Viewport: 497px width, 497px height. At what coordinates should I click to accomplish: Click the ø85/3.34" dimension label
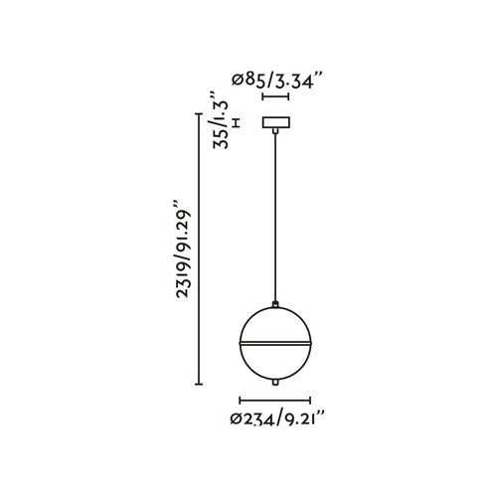coord(277,81)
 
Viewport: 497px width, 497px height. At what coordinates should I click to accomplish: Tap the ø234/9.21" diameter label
coord(276,418)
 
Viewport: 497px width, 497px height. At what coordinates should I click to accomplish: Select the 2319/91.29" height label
coord(184,248)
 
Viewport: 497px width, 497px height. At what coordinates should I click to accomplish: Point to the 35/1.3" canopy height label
coord(221,119)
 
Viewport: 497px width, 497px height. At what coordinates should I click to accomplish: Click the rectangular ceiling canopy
coord(276,122)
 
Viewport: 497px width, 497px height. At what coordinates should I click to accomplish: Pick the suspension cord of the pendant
coord(275,217)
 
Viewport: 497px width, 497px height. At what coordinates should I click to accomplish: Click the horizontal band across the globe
coord(275,343)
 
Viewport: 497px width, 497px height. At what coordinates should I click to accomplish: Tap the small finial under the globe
coord(275,383)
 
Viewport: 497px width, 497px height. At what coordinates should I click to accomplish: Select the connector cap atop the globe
coord(275,303)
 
